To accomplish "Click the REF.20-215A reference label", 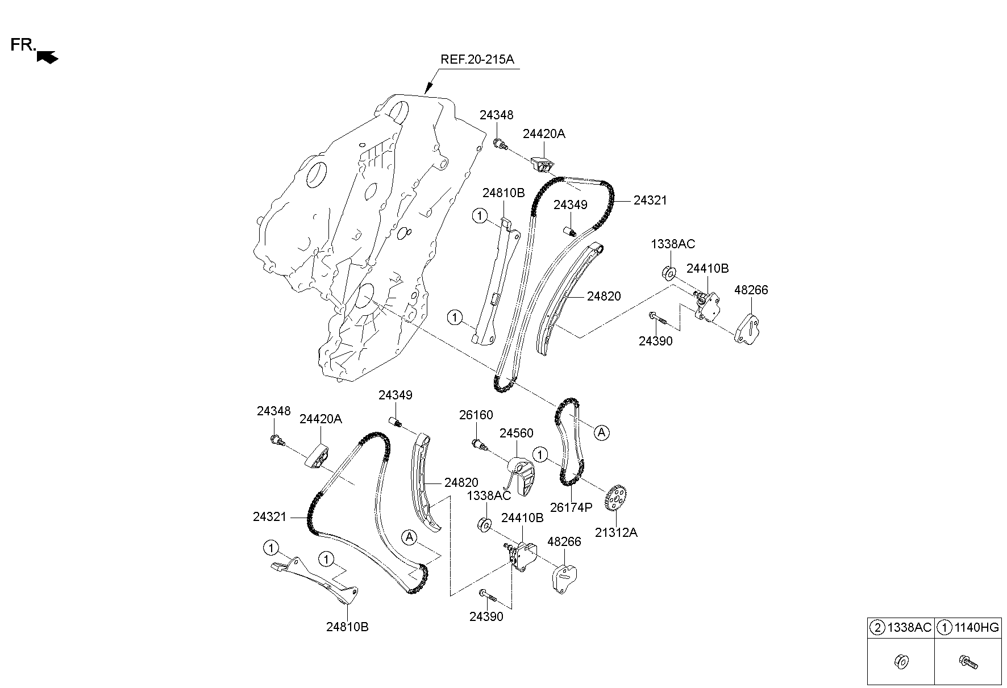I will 477,60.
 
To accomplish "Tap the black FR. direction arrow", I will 47,56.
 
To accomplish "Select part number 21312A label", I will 616,533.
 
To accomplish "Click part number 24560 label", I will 516,433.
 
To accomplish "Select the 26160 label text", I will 476,415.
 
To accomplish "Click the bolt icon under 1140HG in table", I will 967,662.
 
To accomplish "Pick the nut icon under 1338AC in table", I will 901,662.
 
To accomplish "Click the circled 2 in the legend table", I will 878,627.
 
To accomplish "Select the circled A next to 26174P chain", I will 601,433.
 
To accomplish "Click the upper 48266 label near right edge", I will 751,290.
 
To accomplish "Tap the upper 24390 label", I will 655,341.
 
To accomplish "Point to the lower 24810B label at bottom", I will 347,627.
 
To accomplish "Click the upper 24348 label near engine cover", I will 496,115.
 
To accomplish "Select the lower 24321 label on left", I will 270,517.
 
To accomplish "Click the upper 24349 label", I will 570,205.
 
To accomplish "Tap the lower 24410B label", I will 522,518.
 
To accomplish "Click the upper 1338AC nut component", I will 669,273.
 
